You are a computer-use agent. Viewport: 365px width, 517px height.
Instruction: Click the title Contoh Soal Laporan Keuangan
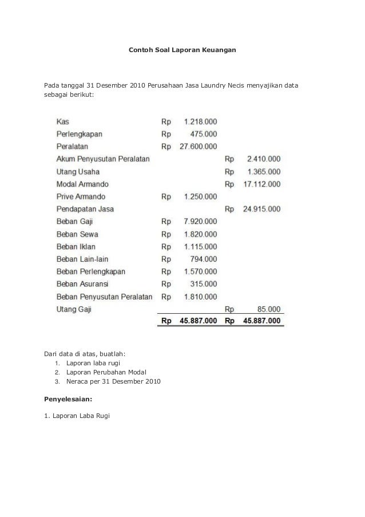(x=182, y=51)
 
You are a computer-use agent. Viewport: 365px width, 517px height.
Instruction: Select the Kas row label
(x=63, y=121)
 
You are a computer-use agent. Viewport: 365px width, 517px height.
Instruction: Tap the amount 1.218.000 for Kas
(x=200, y=121)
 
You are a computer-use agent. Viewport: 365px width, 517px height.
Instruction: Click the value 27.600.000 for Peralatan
(x=198, y=147)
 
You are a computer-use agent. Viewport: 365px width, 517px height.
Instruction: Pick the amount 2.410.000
(x=264, y=159)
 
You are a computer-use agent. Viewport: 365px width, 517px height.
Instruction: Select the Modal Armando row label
(x=82, y=184)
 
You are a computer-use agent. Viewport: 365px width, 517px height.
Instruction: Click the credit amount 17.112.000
(x=261, y=184)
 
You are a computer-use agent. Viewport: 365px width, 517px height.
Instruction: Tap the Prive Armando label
(x=81, y=196)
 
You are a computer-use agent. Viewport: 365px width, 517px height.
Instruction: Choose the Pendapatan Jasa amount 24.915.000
(x=261, y=209)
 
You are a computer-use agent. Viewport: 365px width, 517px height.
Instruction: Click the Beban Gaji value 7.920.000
(x=200, y=221)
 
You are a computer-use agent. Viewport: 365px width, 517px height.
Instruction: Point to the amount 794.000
(x=204, y=259)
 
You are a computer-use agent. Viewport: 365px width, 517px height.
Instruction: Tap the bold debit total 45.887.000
(x=198, y=321)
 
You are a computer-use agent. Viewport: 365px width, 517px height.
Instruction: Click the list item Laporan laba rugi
(x=93, y=363)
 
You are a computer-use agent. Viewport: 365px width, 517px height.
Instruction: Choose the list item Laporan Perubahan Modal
(x=106, y=372)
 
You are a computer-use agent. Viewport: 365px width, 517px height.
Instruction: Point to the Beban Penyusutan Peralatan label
(x=104, y=297)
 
